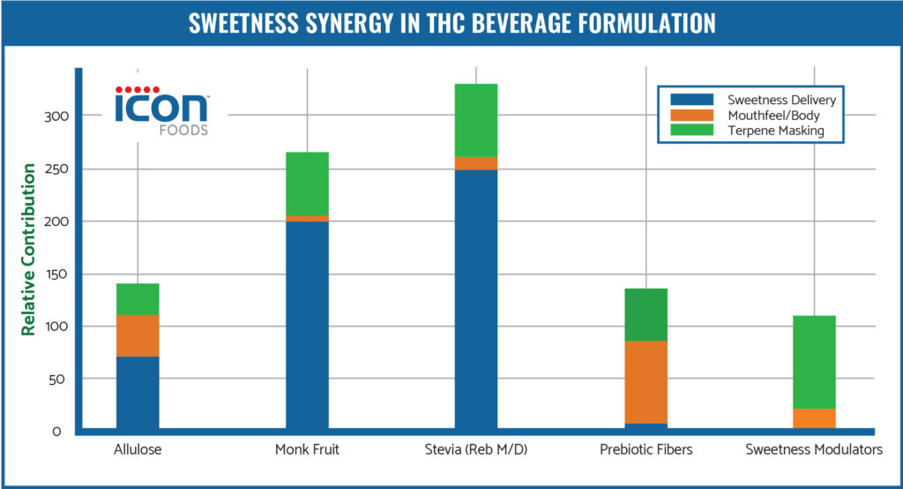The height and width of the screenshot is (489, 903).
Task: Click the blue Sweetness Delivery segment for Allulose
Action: point(138,393)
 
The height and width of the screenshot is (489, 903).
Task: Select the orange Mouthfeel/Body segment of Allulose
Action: point(138,335)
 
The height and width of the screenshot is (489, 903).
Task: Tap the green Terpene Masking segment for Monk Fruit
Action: point(308,184)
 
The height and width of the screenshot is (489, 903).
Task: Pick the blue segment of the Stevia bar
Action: point(476,300)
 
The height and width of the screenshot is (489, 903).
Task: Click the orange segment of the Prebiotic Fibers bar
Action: point(646,381)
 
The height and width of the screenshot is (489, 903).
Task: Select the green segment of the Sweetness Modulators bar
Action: point(815,362)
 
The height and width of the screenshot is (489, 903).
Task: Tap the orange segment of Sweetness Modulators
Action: point(815,418)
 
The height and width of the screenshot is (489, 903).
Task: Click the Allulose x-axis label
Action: point(138,449)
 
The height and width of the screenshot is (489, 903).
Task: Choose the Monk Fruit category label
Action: point(308,449)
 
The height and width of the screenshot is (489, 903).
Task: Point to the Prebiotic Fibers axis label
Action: point(646,449)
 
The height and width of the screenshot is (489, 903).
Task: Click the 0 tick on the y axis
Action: point(56,432)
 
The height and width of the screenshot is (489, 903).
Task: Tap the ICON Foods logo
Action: point(161,108)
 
